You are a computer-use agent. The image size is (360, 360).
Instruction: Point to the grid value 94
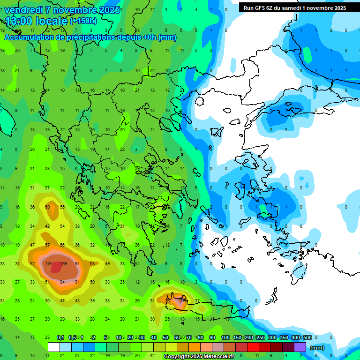pyautogui.click(x=62, y=282)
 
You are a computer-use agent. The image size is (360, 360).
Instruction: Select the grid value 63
pyautogui.click(x=92, y=264)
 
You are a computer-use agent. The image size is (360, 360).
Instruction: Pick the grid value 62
pyautogui.click(x=32, y=264)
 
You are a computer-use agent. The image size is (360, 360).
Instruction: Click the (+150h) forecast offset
pyautogui.click(x=83, y=21)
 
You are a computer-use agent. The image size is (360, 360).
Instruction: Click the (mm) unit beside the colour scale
pyautogui.click(x=317, y=348)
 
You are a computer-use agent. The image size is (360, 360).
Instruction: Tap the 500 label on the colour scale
pyautogui.click(x=307, y=337)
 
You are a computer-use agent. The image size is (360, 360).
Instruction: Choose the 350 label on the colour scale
pyautogui.click(x=284, y=337)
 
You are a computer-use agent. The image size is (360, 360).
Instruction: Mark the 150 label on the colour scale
pyautogui.click(x=238, y=337)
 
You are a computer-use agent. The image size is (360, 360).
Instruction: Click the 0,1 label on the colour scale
pyautogui.click(x=60, y=337)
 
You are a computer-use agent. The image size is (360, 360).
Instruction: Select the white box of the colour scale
pyautogui.click(x=54, y=347)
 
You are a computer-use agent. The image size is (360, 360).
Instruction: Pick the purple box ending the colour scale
pyautogui.click(x=300, y=347)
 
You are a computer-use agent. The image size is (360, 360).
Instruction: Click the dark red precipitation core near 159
pyautogui.click(x=56, y=268)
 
